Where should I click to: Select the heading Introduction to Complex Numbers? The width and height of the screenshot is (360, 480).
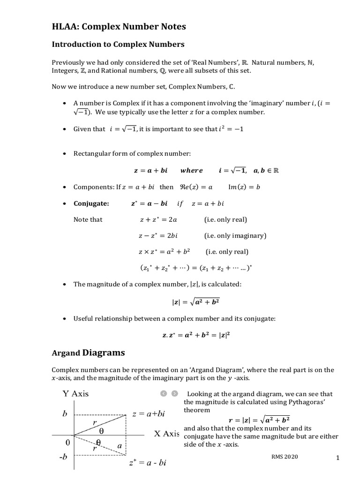pos(118,45)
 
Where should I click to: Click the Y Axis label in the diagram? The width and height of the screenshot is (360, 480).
pos(75,394)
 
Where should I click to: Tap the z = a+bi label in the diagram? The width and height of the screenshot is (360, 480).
pos(149,414)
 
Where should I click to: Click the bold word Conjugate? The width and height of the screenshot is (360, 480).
pos(91,203)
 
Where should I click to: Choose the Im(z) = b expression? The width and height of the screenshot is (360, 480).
pos(244,187)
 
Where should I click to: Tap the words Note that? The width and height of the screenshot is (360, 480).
pos(88,219)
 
